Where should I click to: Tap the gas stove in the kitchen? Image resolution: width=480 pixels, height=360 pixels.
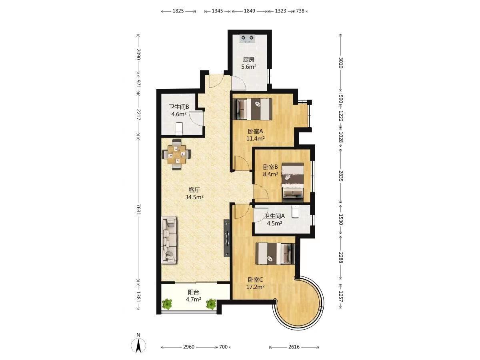pos(248,39)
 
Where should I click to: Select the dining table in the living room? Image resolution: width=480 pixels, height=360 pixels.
pos(176,154)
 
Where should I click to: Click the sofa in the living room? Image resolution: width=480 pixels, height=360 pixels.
pos(169,240)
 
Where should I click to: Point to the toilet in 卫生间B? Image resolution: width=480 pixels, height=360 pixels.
pos(179,128)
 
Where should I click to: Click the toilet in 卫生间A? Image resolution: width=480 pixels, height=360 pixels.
pos(295,211)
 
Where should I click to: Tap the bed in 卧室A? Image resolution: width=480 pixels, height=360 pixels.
pos(252,109)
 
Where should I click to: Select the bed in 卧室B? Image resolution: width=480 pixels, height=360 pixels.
pos(292,182)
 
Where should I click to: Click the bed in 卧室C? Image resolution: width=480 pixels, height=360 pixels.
pos(275,254)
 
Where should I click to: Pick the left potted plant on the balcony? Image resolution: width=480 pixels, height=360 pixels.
pos(167,304)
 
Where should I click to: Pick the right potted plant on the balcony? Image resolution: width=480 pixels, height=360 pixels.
pos(211,304)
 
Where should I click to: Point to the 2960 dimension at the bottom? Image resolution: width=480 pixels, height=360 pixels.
pos(188,347)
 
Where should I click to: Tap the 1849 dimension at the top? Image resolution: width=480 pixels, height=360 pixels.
pos(250,11)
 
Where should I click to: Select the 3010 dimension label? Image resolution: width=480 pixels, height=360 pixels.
pos(341,63)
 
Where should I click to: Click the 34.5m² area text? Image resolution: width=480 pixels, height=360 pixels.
pos(194,197)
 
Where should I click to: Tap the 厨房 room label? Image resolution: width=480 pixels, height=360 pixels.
pos(249,60)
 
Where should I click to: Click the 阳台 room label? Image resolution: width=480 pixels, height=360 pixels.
pos(194,292)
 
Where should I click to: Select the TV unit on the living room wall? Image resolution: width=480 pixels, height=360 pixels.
pos(227,238)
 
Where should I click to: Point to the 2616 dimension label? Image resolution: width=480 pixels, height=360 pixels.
pos(294,347)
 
